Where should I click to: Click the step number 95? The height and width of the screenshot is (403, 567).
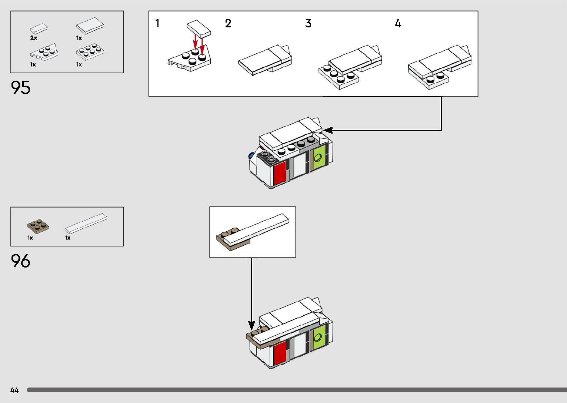[20, 88]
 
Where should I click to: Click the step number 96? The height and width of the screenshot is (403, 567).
[20, 261]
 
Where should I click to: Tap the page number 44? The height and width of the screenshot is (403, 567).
[15, 390]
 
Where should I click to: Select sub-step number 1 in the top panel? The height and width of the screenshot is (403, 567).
[157, 23]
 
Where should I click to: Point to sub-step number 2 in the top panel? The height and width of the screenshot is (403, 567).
[228, 23]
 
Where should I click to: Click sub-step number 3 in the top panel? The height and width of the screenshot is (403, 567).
[308, 23]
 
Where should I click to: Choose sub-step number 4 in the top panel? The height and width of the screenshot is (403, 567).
[398, 23]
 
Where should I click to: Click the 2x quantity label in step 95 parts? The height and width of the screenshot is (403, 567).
[34, 38]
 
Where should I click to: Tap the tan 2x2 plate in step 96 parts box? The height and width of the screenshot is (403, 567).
[38, 226]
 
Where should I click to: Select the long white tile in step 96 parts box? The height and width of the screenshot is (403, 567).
[86, 223]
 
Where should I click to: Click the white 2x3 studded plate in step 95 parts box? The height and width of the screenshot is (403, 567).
[90, 51]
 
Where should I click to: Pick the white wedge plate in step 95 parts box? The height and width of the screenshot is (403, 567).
[44, 52]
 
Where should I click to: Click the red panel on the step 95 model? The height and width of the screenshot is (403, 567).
[280, 174]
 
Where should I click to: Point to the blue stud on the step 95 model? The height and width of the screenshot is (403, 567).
[251, 155]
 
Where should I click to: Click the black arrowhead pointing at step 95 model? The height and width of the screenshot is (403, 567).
[328, 130]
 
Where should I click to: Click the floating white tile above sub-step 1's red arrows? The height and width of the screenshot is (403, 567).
[199, 29]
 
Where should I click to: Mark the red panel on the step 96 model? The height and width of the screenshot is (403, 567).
[280, 353]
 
